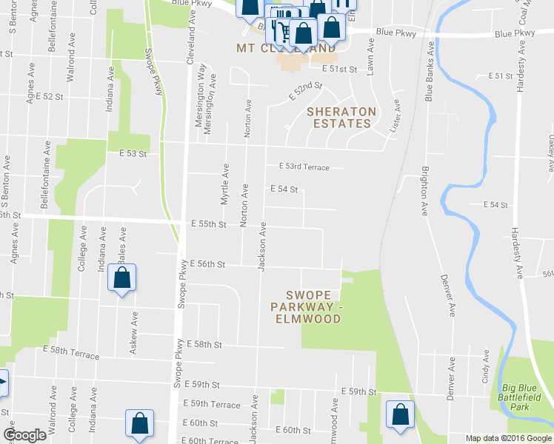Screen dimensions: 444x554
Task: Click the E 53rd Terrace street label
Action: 304,167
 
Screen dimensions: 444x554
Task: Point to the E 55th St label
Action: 207,224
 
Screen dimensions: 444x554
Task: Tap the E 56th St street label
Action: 207,263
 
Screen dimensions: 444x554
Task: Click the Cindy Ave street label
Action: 486,365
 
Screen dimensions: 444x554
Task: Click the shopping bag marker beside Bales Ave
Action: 121,279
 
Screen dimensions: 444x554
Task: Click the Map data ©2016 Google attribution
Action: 508,438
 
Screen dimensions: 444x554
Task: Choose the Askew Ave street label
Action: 134,332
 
